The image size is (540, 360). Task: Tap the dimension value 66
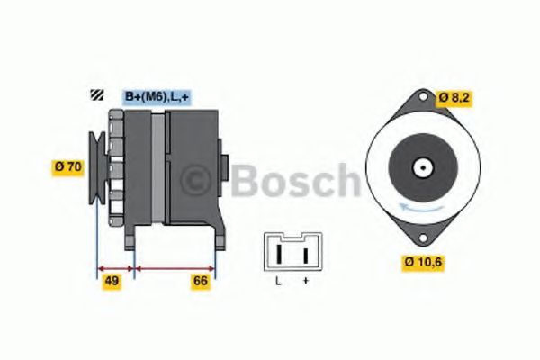click(x=200, y=281)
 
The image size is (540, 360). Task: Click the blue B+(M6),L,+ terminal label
click(x=155, y=95)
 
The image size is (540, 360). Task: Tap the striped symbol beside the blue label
click(x=95, y=95)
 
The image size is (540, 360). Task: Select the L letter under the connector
click(x=279, y=281)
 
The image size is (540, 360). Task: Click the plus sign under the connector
click(x=306, y=281)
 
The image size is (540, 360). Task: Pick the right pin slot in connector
click(x=306, y=255)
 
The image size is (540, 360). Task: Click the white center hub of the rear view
click(x=420, y=167)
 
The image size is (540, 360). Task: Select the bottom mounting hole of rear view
click(x=420, y=238)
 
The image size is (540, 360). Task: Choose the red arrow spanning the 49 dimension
click(x=114, y=268)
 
